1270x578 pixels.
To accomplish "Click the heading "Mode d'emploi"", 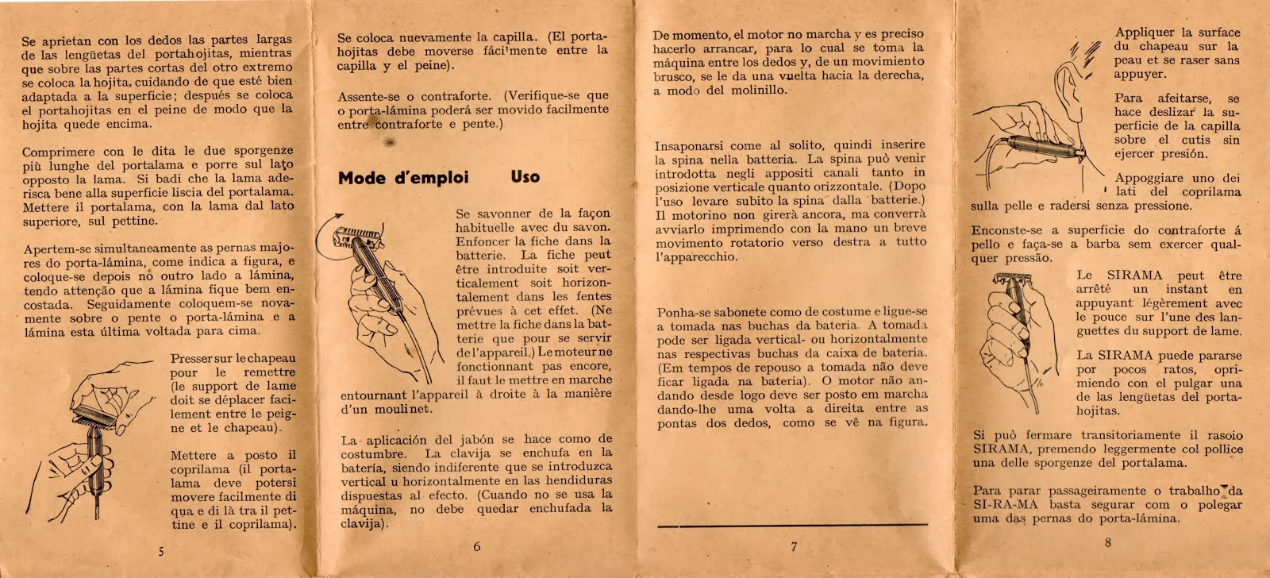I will coord(403,177).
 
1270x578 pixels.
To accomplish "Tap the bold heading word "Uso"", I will coord(525,176).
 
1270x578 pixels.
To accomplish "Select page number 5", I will coord(161,551).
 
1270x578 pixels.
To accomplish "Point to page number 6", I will coord(476,546).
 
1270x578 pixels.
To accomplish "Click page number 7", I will coord(794,546).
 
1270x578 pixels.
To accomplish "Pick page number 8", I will coord(1107,543).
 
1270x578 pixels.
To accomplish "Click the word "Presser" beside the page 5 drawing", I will coord(191,358).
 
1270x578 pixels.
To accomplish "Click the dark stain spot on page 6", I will coord(389,142).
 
